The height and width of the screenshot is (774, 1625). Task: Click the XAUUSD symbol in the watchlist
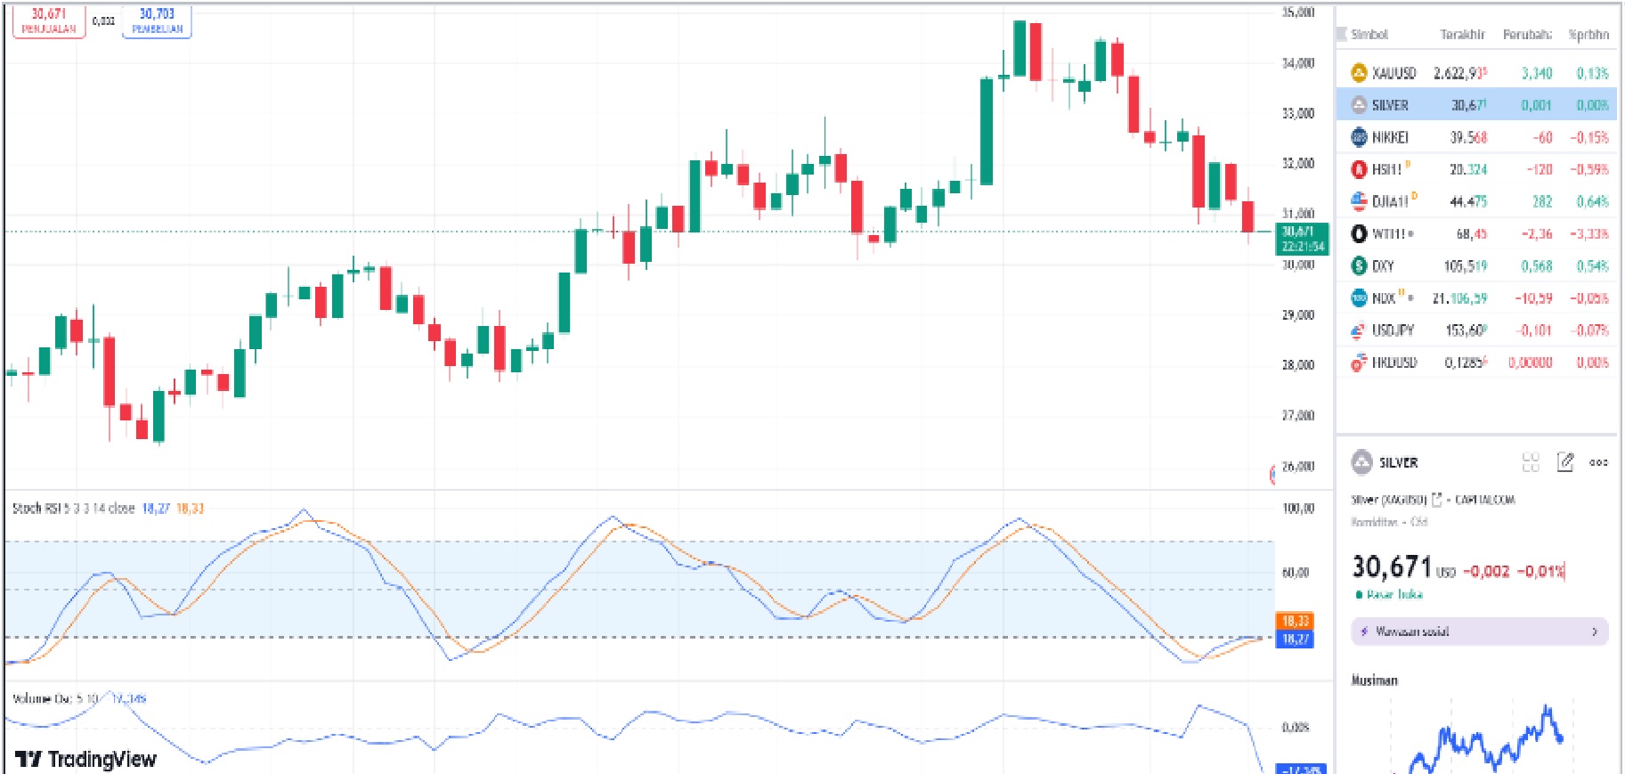click(x=1393, y=73)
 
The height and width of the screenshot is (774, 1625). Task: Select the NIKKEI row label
click(x=1389, y=137)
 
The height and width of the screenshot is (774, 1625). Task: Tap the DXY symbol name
click(x=1383, y=265)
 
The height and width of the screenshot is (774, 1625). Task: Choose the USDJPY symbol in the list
click(x=1393, y=330)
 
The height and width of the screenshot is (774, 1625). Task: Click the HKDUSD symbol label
click(x=1393, y=363)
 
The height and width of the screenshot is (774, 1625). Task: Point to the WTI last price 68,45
click(x=1471, y=233)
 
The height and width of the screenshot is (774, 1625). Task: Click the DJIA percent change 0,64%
click(x=1592, y=201)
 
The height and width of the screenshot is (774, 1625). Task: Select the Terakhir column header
click(x=1462, y=35)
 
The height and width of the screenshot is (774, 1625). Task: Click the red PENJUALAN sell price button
click(x=49, y=20)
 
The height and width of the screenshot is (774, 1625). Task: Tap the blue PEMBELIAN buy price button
click(x=157, y=20)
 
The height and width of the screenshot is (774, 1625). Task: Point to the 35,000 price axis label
click(x=1298, y=12)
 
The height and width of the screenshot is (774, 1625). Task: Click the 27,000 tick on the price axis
click(x=1298, y=415)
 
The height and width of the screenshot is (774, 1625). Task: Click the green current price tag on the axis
click(x=1302, y=239)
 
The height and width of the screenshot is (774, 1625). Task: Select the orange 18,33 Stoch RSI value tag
click(x=1296, y=621)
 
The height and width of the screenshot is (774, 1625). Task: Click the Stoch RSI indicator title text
click(x=73, y=509)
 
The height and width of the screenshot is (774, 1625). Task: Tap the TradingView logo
click(x=85, y=759)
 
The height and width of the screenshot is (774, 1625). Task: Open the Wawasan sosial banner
click(x=1479, y=631)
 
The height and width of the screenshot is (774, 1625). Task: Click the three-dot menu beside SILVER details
click(x=1598, y=462)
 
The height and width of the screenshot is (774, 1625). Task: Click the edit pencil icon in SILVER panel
click(x=1564, y=462)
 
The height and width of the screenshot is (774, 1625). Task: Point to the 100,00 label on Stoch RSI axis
click(x=1298, y=509)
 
